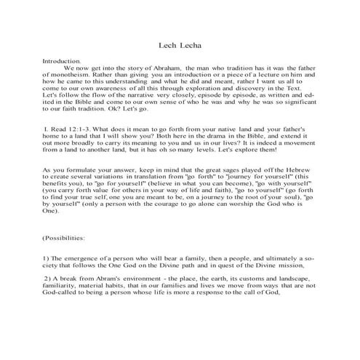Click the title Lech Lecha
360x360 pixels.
[x=180, y=44]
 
